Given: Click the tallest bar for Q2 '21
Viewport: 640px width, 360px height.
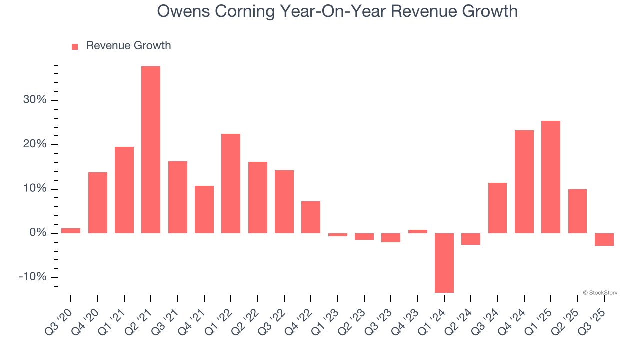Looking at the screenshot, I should (151, 150).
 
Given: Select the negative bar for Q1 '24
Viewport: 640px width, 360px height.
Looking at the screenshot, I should (444, 263).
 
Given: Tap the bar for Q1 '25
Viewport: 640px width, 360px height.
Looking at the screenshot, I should (550, 177).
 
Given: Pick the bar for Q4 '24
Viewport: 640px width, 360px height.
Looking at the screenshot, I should (524, 182).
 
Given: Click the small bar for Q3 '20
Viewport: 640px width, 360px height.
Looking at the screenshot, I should (71, 231).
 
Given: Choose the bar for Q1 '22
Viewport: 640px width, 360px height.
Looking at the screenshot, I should (231, 183).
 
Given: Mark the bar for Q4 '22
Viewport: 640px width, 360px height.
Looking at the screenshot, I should (311, 217).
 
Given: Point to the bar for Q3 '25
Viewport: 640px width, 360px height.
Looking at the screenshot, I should (604, 239).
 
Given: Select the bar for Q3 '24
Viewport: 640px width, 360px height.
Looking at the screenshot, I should (497, 208).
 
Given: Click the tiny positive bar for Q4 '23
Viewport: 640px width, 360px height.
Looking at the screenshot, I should (417, 231).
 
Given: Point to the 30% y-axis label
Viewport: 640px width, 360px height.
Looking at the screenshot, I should (35, 100).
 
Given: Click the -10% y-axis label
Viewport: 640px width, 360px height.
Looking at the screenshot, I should (33, 277).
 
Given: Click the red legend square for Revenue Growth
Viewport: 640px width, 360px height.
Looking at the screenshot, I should (75, 47).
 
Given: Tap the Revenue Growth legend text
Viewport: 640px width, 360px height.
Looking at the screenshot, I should (128, 46).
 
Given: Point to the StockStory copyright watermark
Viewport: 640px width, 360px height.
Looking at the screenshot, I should (600, 293).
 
